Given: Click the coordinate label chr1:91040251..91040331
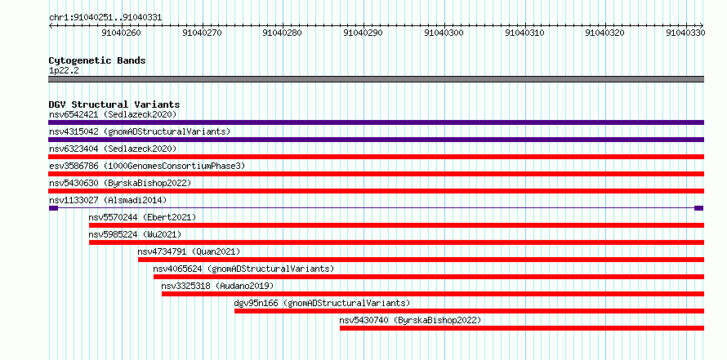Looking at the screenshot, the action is click(x=105, y=18).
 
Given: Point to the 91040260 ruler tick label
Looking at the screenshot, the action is click(x=121, y=33).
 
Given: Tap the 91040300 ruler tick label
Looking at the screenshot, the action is click(x=444, y=33).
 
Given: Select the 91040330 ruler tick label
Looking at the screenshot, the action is click(x=685, y=33).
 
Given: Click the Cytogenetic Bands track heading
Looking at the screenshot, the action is click(x=97, y=60).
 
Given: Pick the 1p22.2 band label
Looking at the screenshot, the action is click(x=64, y=71).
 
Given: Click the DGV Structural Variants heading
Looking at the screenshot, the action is click(x=114, y=104).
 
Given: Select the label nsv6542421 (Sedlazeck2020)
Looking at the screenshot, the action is click(x=113, y=114).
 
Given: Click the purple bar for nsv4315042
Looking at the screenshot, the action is click(x=376, y=140).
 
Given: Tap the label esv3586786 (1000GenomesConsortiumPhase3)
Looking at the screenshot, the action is click(x=147, y=166).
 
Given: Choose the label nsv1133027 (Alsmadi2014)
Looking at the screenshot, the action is click(x=108, y=200).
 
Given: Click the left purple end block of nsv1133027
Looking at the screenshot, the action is click(x=53, y=208).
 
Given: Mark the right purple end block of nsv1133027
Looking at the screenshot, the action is click(x=698, y=208).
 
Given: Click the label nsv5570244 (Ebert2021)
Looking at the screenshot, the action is click(x=142, y=217).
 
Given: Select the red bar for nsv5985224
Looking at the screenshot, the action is click(x=396, y=242).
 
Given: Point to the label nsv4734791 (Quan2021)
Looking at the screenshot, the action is click(x=189, y=251).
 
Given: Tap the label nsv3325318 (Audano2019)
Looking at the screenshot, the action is click(x=217, y=286).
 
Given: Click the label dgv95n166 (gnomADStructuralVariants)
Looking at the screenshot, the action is click(x=322, y=304).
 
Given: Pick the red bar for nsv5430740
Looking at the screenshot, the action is click(x=522, y=328).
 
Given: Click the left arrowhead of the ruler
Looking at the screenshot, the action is click(x=51, y=26).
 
